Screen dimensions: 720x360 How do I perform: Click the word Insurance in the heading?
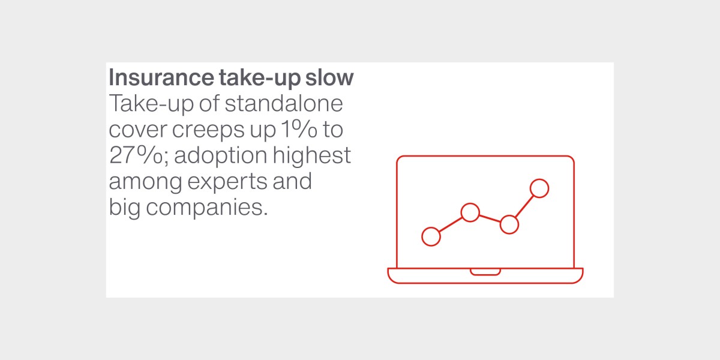[161, 77]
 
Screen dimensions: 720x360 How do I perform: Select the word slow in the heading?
[329, 77]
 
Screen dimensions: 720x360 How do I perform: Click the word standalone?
[284, 103]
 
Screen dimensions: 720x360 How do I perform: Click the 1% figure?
[299, 129]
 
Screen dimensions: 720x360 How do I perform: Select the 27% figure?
[136, 155]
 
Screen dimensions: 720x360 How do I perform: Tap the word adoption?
[221, 156]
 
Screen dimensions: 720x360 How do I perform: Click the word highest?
[312, 155]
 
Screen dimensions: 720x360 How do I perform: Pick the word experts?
[227, 182]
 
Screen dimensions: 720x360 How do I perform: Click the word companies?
[206, 208]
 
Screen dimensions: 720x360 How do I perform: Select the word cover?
[138, 130]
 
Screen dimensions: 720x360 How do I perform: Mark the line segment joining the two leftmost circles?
[451, 224]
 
